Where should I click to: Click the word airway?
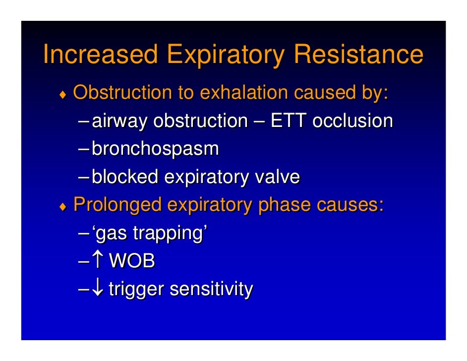coord(119,121)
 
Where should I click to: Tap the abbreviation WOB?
coord(131,261)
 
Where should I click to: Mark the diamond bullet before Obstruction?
coord(63,94)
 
